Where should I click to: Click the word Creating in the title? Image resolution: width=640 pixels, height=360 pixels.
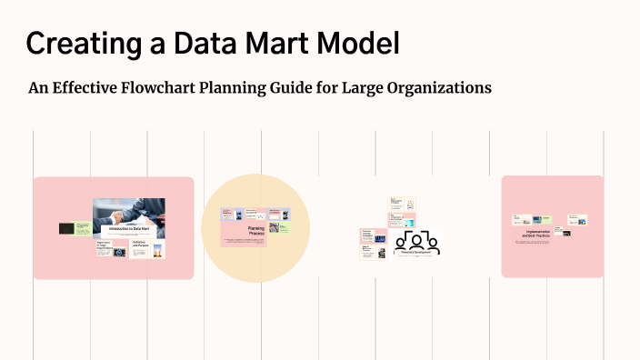pos(77,43)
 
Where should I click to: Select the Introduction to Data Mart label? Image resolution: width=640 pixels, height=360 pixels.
pos(128,230)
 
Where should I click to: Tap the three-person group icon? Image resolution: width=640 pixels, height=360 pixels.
pos(419,241)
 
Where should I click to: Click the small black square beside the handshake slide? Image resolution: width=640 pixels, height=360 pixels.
pos(66,228)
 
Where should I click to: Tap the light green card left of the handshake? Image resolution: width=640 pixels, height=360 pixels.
pos(83,228)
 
